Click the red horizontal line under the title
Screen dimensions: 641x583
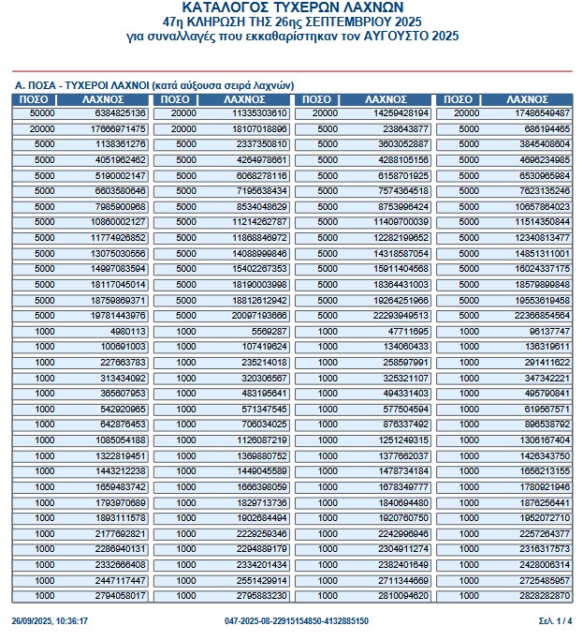291,71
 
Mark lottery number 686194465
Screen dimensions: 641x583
547,128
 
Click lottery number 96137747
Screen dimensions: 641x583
549,331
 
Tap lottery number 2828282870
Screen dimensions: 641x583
544,595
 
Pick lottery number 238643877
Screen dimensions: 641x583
406,128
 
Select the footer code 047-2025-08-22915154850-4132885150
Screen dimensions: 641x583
297,621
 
